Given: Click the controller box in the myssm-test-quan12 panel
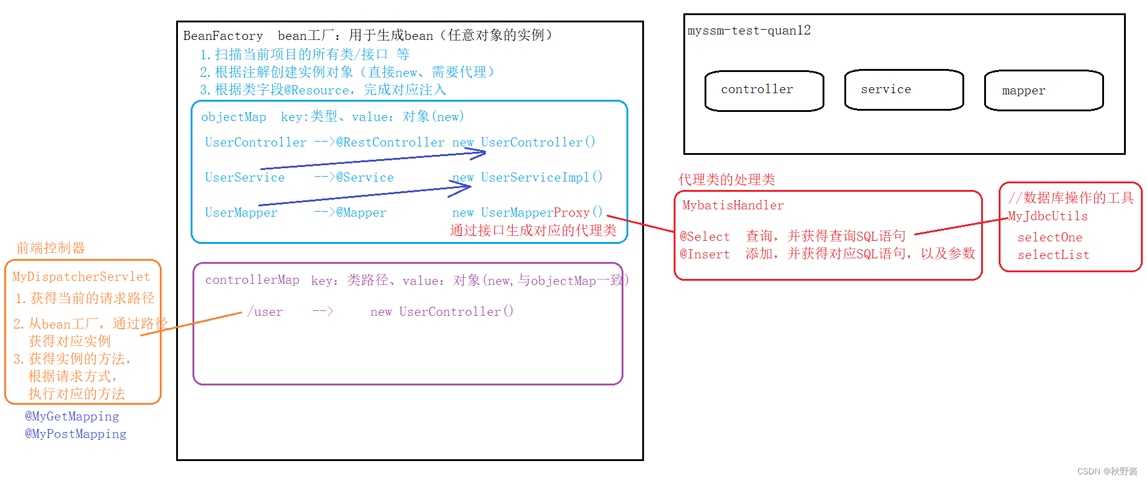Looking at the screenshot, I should tap(764, 91).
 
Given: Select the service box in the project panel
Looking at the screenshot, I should tap(904, 90).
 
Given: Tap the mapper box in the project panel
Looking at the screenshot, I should tap(1043, 91).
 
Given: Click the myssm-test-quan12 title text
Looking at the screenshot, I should tap(749, 31).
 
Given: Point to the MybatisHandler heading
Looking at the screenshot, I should tap(732, 206).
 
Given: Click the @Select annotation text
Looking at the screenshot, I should tap(705, 237).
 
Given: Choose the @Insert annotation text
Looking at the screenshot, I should tap(705, 254).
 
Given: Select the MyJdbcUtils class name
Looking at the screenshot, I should tap(1048, 217).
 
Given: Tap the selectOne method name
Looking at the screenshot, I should tap(1050, 238).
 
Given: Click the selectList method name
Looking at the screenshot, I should tap(1053, 255).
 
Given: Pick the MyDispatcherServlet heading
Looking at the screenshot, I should tap(81, 277).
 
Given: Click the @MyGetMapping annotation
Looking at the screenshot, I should tap(72, 416).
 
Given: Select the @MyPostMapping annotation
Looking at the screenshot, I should tap(76, 434).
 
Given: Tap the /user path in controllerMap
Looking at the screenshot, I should tap(265, 312).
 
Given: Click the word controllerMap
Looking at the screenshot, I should tap(252, 280).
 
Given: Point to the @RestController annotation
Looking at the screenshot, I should tap(390, 143).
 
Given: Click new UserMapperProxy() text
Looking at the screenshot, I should tap(527, 212).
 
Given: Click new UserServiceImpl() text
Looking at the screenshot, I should tap(527, 177).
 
